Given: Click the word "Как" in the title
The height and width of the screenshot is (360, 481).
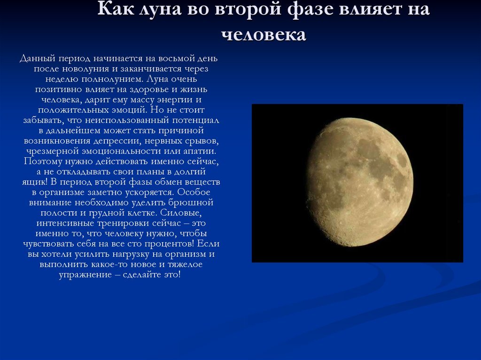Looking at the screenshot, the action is pyautogui.click(x=116, y=8).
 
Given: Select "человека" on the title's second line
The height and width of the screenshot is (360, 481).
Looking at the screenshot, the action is pyautogui.click(x=264, y=34).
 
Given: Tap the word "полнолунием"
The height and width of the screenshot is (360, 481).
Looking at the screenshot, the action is pyautogui.click(x=112, y=79).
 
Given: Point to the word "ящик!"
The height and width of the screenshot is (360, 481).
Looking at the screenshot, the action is pyautogui.click(x=35, y=182).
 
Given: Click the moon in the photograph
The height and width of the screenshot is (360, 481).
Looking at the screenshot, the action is pyautogui.click(x=360, y=182).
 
